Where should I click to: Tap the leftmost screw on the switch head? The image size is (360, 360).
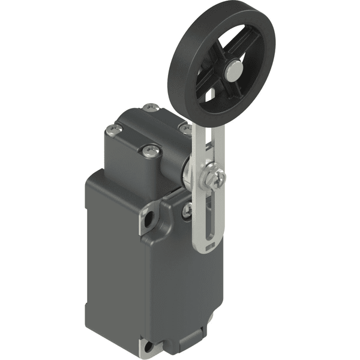pyautogui.click(x=112, y=130)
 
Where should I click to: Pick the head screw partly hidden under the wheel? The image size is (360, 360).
pyautogui.click(x=186, y=129)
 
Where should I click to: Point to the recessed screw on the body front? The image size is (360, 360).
pyautogui.click(x=187, y=210)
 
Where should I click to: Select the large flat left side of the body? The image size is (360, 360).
pyautogui.click(x=111, y=252)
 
